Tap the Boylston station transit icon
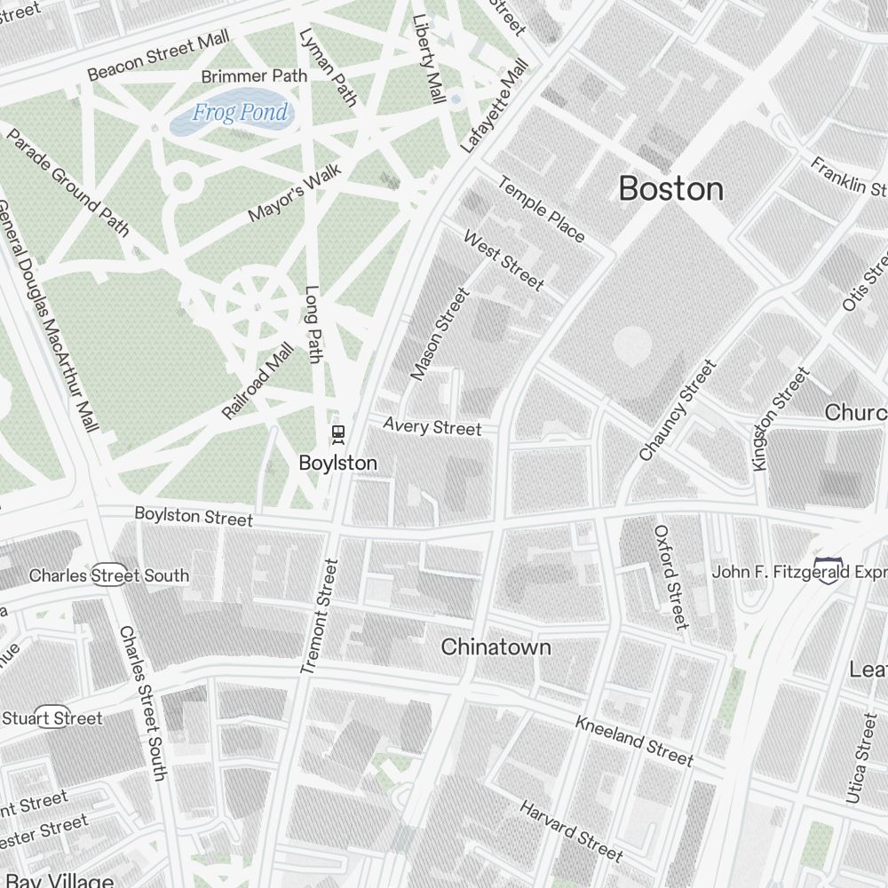coord(337,433)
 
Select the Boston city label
coord(670,188)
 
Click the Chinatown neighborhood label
coord(496,647)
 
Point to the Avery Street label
coord(432,427)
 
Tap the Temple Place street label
coord(541,210)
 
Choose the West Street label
coord(503,261)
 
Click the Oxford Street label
coord(671,576)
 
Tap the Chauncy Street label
coord(677,410)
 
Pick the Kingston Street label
coord(780,418)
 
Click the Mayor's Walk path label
coord(288,200)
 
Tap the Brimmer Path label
coord(254,76)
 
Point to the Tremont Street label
coord(320,615)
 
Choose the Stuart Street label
coord(52,718)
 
